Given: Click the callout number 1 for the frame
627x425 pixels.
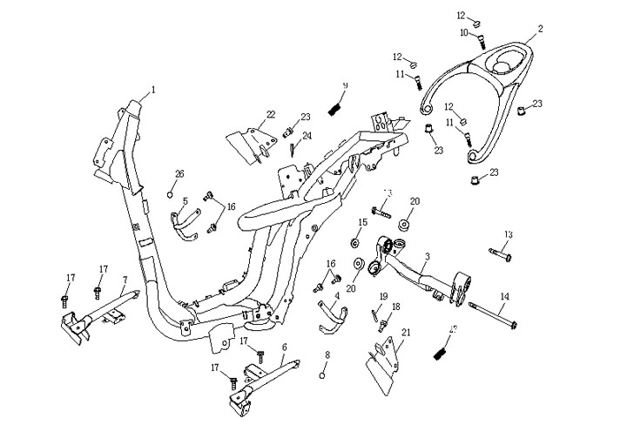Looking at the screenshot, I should point(153,89).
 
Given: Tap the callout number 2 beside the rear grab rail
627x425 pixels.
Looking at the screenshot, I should point(540,29).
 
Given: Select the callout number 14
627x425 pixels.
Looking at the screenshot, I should point(504,297).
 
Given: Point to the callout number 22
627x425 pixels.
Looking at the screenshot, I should point(271,114).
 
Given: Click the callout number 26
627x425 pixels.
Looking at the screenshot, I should point(179,172).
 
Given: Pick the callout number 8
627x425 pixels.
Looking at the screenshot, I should point(327,355).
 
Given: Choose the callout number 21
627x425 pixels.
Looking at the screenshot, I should point(407,332).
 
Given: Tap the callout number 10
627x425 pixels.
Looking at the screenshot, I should point(464,33).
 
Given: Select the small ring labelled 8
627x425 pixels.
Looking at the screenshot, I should point(323,374).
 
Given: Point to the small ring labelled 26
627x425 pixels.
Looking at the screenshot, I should point(172,192).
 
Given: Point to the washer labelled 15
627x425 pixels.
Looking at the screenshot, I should point(357,241).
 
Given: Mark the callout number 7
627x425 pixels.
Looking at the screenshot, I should point(125,280).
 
